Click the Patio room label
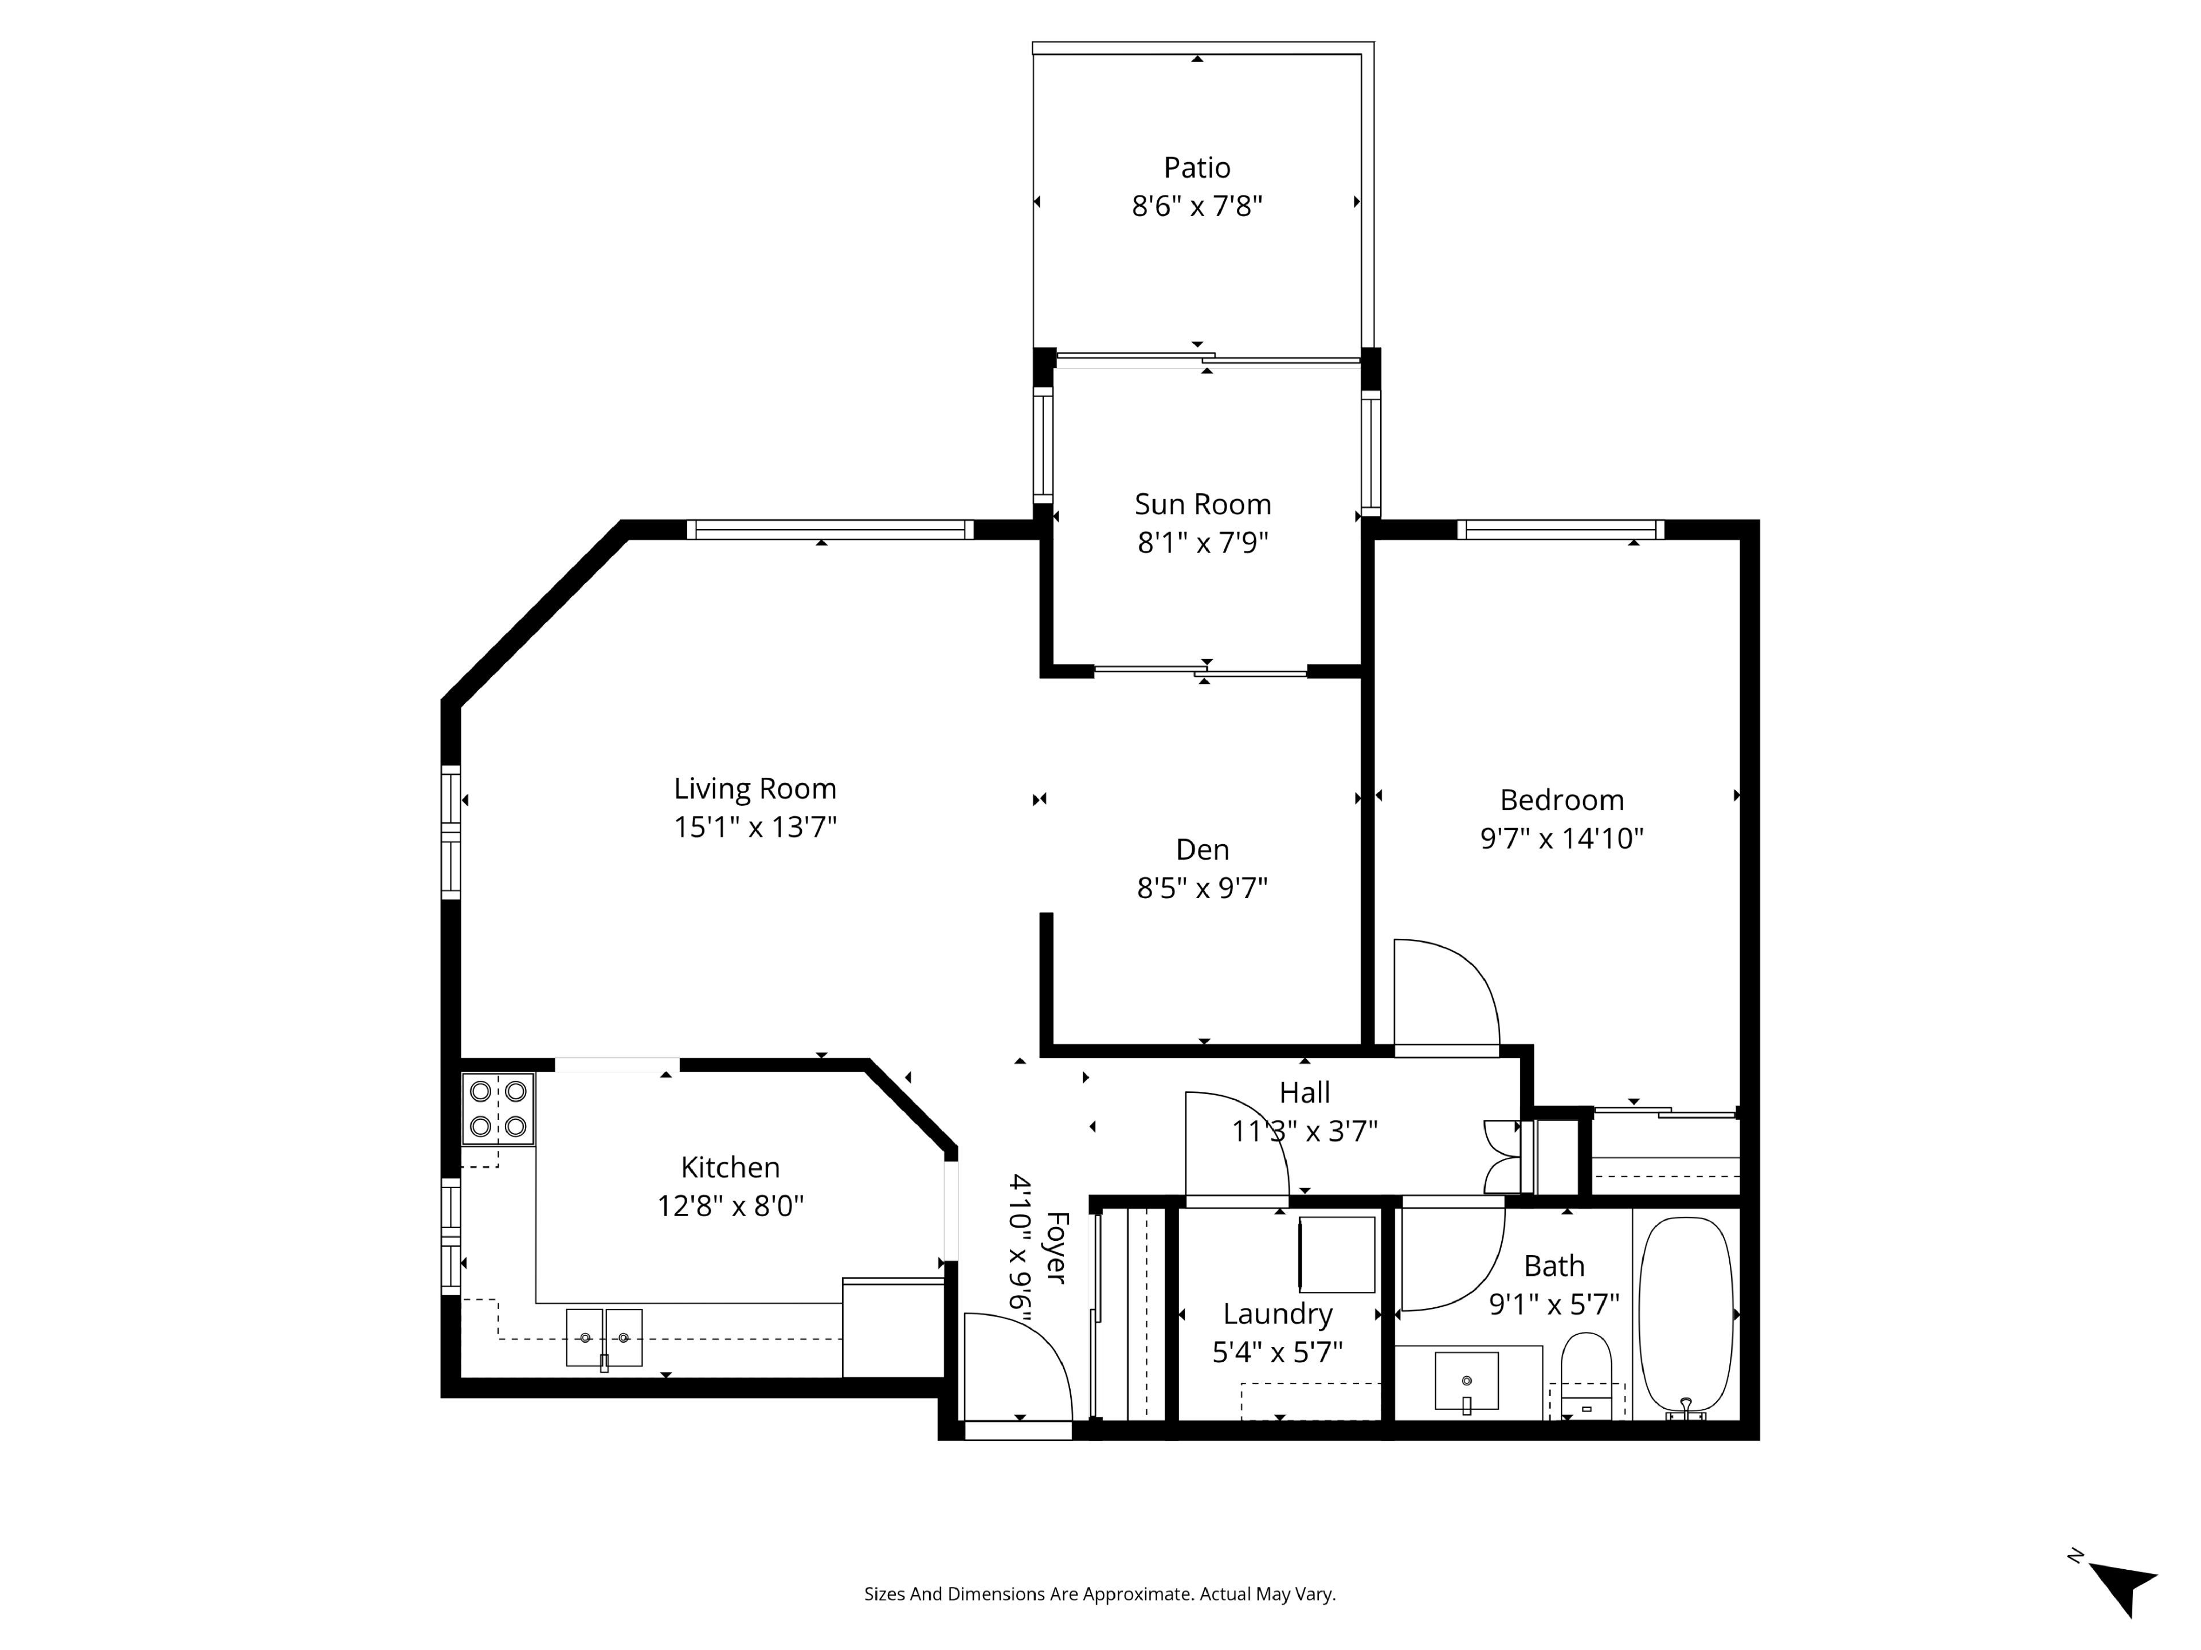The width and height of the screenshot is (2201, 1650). (1197, 167)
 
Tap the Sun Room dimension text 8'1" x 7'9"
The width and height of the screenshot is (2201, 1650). (1203, 543)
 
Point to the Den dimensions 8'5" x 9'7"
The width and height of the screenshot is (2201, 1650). (1202, 888)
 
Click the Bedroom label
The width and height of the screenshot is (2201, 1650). (1562, 800)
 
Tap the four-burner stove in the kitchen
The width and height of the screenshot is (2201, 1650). (498, 1108)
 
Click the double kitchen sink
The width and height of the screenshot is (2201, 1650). (604, 1338)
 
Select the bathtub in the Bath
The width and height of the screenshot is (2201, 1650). (1686, 1316)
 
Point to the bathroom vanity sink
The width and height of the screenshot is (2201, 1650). (1467, 1381)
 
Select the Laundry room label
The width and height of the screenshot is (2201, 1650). (1278, 1315)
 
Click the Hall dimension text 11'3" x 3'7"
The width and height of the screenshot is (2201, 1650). (1305, 1131)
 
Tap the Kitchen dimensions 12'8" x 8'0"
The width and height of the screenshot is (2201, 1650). (730, 1206)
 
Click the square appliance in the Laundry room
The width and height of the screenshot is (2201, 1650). (1337, 1254)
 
